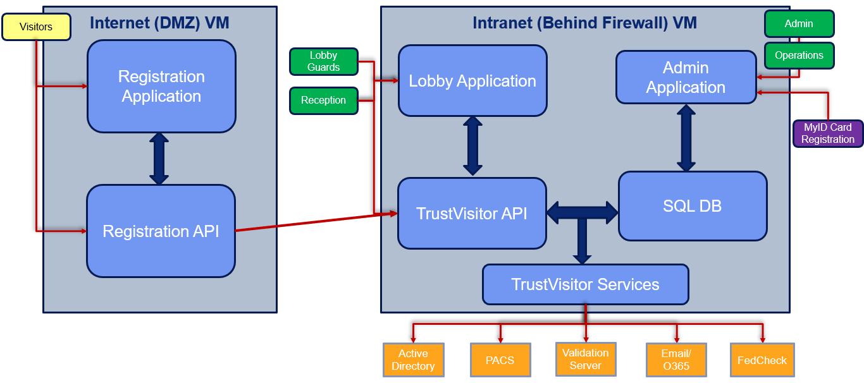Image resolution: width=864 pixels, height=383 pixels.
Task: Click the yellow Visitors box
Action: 35,27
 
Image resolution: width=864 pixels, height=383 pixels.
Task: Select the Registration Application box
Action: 161,87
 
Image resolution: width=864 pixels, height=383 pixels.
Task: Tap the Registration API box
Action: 161,231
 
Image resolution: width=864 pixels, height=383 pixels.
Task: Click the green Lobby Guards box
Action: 323,62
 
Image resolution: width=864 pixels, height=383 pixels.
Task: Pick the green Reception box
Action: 323,100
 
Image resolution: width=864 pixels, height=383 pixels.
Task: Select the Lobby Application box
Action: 472,81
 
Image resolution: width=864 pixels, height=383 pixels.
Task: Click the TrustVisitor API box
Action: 472,214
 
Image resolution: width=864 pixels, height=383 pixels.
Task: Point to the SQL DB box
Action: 692,206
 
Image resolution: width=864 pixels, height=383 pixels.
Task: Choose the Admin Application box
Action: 686,77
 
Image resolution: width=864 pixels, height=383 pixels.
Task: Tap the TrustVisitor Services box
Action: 585,284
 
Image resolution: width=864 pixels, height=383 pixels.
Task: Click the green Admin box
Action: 799,24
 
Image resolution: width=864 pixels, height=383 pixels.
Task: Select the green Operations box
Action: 799,56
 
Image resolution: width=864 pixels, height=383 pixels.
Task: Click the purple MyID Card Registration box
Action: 827,133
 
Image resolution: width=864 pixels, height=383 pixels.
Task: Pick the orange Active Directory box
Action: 413,360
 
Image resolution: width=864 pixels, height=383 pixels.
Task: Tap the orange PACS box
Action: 500,360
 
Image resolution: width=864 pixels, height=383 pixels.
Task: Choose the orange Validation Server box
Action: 585,359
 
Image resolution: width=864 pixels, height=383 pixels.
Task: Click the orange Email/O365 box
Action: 676,360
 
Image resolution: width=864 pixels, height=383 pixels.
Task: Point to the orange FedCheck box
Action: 762,360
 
